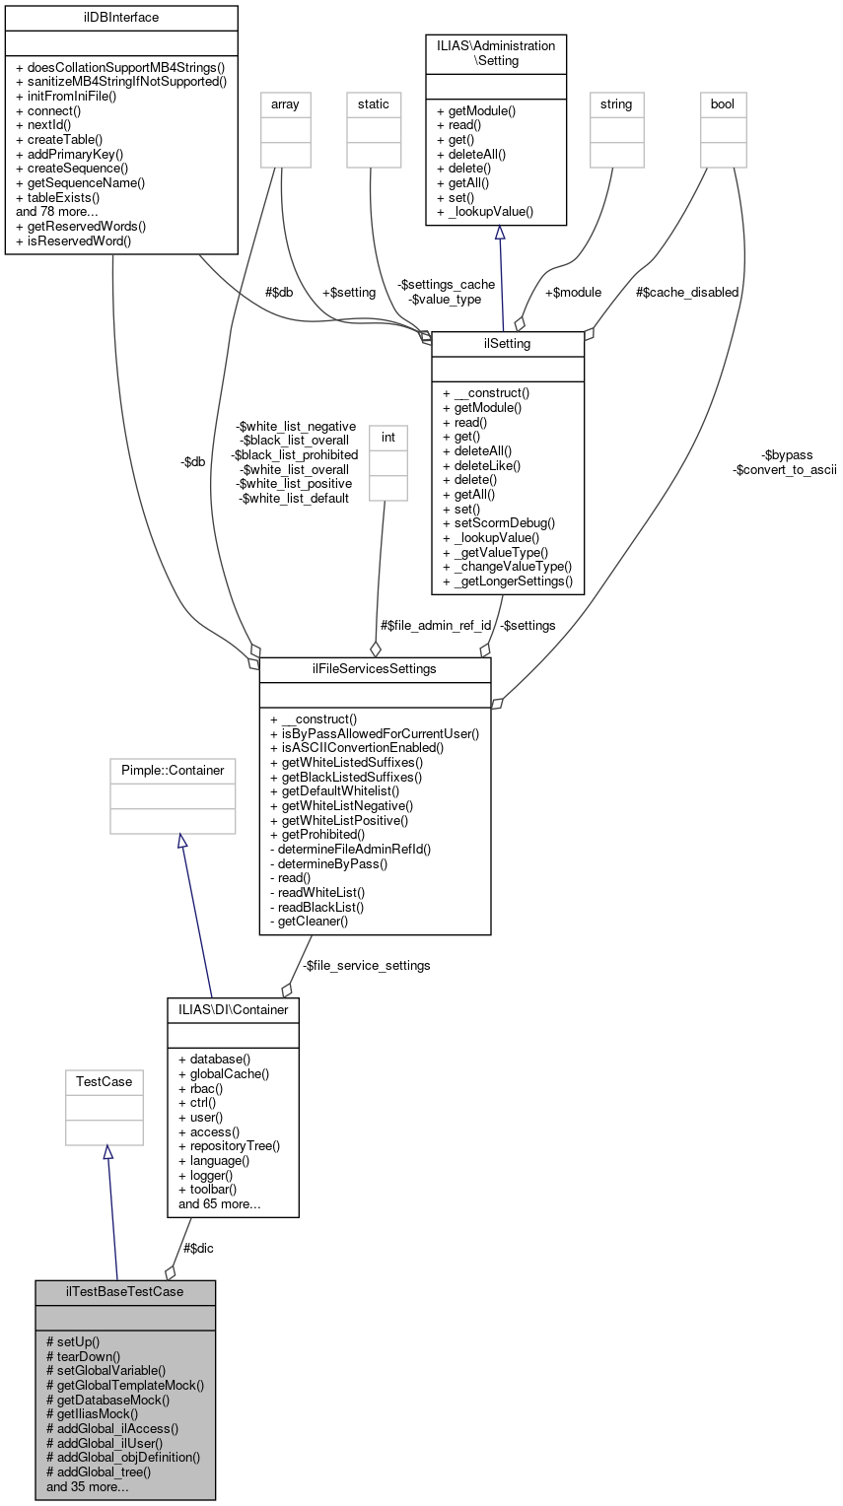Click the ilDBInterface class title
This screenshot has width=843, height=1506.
click(x=121, y=18)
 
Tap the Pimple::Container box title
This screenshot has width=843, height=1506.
click(x=173, y=770)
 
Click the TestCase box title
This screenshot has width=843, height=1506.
click(x=107, y=1081)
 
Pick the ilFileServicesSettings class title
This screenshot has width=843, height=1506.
click(x=375, y=669)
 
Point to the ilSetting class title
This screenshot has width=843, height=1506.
click(x=508, y=343)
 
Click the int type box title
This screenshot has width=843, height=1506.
click(x=387, y=435)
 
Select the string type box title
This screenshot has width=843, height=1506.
click(x=616, y=103)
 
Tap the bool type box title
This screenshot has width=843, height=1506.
click(x=723, y=103)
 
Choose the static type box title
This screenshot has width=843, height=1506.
click(x=374, y=103)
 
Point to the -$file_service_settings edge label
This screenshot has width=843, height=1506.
click(x=366, y=965)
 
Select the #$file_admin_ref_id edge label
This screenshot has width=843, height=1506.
click(x=436, y=625)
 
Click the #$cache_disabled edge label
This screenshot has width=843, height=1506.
click(x=687, y=292)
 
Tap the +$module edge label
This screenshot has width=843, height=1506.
click(x=573, y=292)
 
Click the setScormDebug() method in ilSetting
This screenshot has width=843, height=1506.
click(x=499, y=522)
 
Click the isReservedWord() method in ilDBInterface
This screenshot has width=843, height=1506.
click(x=74, y=240)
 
